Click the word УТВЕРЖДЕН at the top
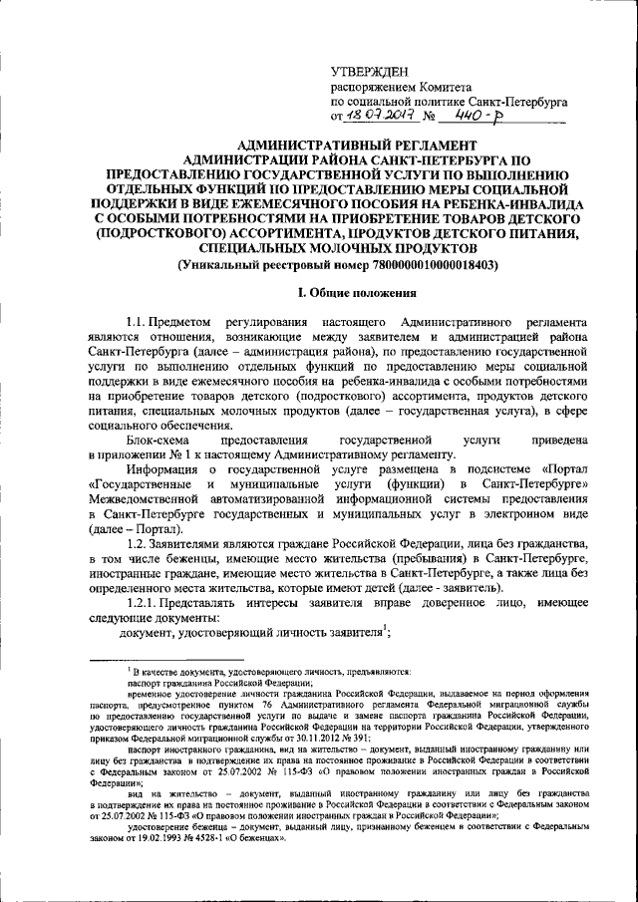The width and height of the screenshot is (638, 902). click(370, 72)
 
